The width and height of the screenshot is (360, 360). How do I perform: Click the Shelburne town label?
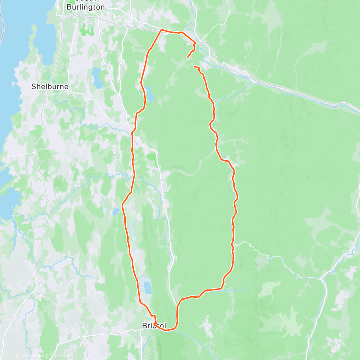[50, 87]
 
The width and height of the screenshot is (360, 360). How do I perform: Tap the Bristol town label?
[154, 326]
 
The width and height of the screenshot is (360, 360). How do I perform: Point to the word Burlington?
[85, 7]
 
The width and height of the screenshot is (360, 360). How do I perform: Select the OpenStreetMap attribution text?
[62, 356]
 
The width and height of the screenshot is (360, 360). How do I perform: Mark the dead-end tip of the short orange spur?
[188, 57]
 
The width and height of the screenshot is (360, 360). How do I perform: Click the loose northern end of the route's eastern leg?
[194, 67]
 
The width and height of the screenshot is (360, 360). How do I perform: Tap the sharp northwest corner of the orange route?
[161, 30]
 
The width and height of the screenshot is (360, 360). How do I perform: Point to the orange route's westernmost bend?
[122, 205]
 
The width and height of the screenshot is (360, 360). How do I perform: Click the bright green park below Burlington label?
[86, 30]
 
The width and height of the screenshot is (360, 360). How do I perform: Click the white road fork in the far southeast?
[322, 280]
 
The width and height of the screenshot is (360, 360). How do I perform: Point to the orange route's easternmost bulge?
[238, 197]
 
